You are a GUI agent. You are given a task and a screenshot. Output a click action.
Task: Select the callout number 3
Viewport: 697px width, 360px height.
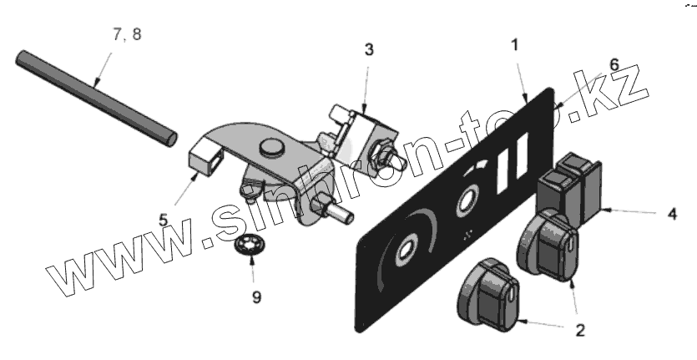368,49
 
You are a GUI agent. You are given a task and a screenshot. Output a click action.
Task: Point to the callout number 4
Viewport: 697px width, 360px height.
672,213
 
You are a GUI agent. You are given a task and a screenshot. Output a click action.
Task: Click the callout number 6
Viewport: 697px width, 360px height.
613,63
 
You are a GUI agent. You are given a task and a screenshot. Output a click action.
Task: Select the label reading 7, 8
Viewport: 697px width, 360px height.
127,36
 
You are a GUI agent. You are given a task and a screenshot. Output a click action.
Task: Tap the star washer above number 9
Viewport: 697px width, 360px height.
248,246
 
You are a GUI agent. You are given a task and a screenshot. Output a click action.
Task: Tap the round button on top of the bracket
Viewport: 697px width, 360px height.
270,148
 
